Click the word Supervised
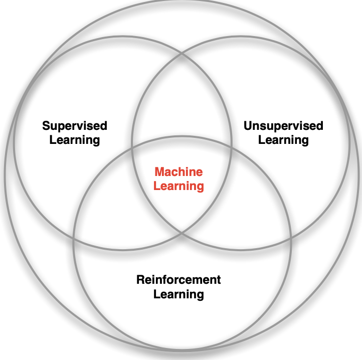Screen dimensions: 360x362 click(x=74, y=125)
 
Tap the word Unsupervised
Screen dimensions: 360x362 click(x=283, y=125)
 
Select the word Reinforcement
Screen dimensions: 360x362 click(x=178, y=279)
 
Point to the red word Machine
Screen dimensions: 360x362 click(x=178, y=172)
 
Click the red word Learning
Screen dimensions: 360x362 click(x=178, y=187)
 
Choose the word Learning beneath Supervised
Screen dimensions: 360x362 click(x=74, y=139)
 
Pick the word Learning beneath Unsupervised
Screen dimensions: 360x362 click(x=283, y=139)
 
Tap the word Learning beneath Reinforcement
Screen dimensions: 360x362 click(x=178, y=294)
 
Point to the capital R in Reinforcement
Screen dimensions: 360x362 click(x=140, y=279)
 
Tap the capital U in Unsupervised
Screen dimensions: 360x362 click(x=248, y=125)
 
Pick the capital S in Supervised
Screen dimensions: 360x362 click(x=46, y=125)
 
